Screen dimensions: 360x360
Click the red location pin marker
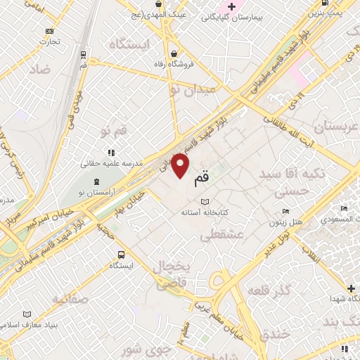point(181,166)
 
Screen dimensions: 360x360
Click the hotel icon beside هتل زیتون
point(285,211)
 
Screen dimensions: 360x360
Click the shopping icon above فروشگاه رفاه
point(174,55)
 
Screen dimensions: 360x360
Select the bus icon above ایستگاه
point(122,255)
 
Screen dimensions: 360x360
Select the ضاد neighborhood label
point(39,70)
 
